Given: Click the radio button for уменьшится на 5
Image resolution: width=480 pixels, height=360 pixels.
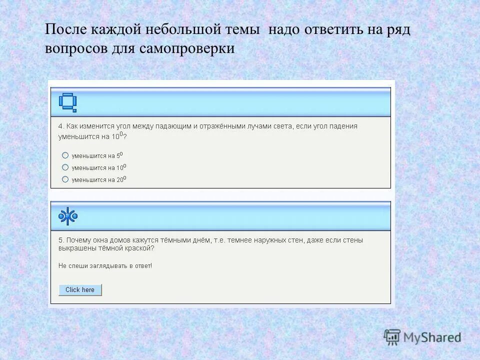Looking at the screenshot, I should (65, 155).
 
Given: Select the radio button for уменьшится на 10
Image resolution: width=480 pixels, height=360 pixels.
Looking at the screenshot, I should (65, 167).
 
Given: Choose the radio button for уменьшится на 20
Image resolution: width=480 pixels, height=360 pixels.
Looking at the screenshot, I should (65, 179).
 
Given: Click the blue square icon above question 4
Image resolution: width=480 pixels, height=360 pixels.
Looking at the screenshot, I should (67, 102).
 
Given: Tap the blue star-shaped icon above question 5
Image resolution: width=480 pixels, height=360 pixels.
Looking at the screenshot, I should (68, 216).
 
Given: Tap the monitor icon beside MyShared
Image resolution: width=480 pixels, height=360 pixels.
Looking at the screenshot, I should (392, 336).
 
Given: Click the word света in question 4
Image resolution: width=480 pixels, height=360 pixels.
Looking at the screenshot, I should (282, 126).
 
